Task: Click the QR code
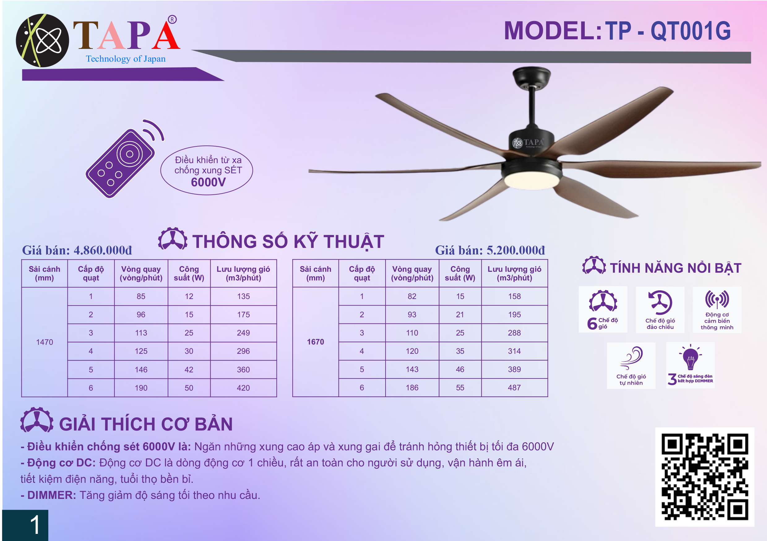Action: point(705,477)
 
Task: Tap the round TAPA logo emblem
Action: point(42,41)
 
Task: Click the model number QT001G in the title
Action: point(691,31)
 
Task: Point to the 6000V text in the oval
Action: point(208,182)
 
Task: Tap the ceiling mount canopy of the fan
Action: point(532,77)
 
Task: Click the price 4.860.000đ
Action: point(103,250)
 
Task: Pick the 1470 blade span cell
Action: point(45,342)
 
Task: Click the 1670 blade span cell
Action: point(315,341)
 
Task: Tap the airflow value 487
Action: point(515,387)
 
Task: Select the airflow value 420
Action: point(243,388)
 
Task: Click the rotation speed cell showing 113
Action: point(141,333)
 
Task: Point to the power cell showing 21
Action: point(460,314)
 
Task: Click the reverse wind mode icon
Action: point(660,302)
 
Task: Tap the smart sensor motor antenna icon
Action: point(717,299)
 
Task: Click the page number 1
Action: point(35,525)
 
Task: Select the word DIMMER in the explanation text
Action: point(52,495)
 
